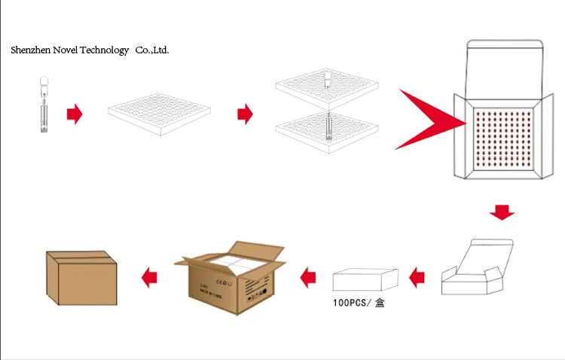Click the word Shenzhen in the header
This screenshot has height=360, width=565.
(x=30, y=50)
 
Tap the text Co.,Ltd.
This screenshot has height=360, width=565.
(x=152, y=50)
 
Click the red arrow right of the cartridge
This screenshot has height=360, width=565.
(x=74, y=114)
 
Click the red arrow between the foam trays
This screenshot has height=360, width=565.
(x=245, y=114)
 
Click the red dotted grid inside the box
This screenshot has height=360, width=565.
(x=505, y=137)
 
